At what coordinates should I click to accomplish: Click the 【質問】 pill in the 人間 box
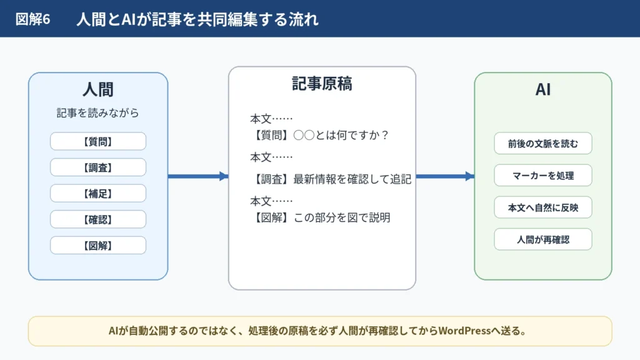click(98, 142)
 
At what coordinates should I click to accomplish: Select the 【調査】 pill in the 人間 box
click(98, 167)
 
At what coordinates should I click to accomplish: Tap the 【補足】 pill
click(98, 194)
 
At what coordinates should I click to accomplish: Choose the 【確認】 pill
click(98, 219)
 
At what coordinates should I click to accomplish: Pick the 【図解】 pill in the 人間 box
click(98, 245)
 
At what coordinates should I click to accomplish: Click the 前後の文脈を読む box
click(543, 143)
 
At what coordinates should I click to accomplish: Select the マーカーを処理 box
click(543, 176)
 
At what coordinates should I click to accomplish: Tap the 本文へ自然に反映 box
click(543, 207)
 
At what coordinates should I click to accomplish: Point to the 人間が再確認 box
click(543, 239)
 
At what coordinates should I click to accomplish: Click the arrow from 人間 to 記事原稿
click(198, 176)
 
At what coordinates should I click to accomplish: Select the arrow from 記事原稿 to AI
click(445, 176)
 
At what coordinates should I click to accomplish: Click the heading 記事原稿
click(322, 84)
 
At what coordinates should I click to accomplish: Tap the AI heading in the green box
click(543, 89)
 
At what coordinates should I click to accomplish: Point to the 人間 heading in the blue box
click(98, 89)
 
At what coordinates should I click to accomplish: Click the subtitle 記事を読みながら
click(98, 112)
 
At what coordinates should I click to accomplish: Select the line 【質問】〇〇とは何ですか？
click(320, 135)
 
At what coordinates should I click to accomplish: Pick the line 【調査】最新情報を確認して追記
click(331, 179)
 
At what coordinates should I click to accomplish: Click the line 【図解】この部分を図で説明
click(321, 217)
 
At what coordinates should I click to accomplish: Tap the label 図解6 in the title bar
click(32, 19)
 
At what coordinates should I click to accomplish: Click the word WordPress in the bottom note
click(464, 331)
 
